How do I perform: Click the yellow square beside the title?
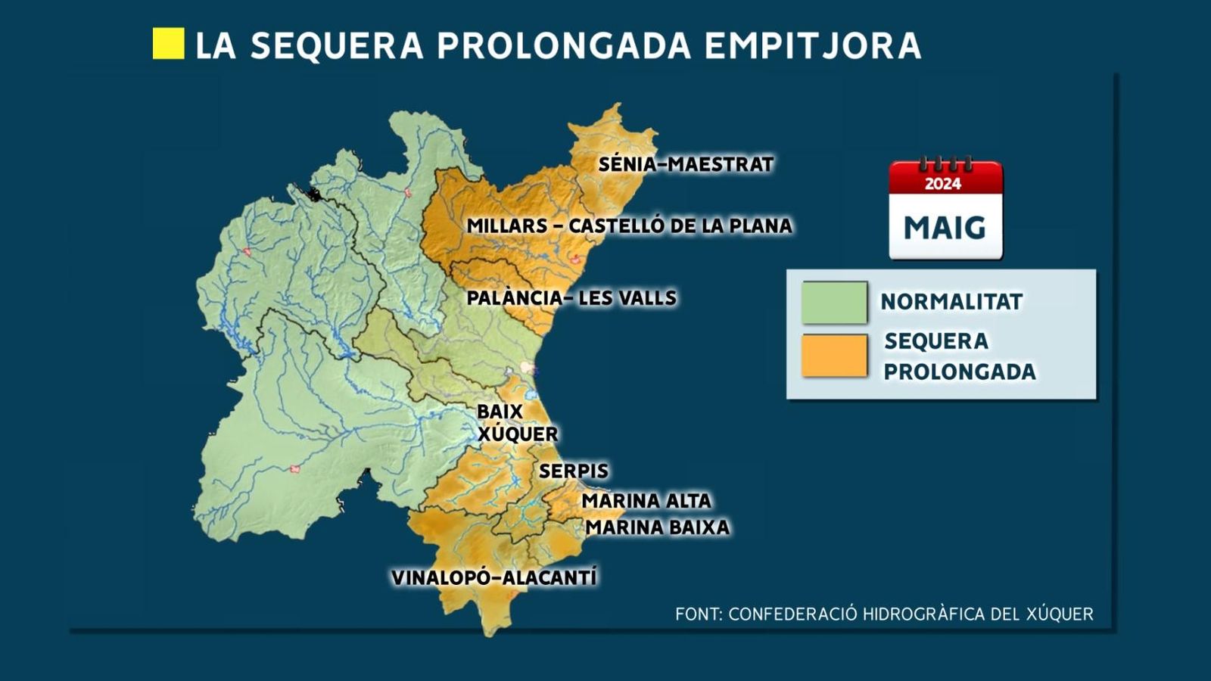click(168, 44)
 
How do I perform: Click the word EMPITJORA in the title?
click(812, 45)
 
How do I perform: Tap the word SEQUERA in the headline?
click(337, 45)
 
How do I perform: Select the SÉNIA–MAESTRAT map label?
click(686, 164)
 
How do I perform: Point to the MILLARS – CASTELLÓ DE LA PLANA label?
click(629, 225)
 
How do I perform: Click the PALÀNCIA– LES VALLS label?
click(571, 297)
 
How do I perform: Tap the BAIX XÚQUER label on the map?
click(517, 423)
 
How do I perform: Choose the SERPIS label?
click(573, 471)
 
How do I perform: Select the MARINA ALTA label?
click(646, 500)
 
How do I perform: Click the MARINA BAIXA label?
click(657, 527)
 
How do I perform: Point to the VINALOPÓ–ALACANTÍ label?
click(493, 577)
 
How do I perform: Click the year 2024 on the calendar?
click(943, 183)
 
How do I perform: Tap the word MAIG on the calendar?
click(945, 227)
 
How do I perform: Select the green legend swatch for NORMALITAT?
click(834, 302)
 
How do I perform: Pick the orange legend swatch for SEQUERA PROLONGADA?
click(834, 356)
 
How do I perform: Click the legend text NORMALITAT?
click(951, 302)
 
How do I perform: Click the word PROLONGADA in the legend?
click(960, 372)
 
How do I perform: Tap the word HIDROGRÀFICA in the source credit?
click(924, 614)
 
